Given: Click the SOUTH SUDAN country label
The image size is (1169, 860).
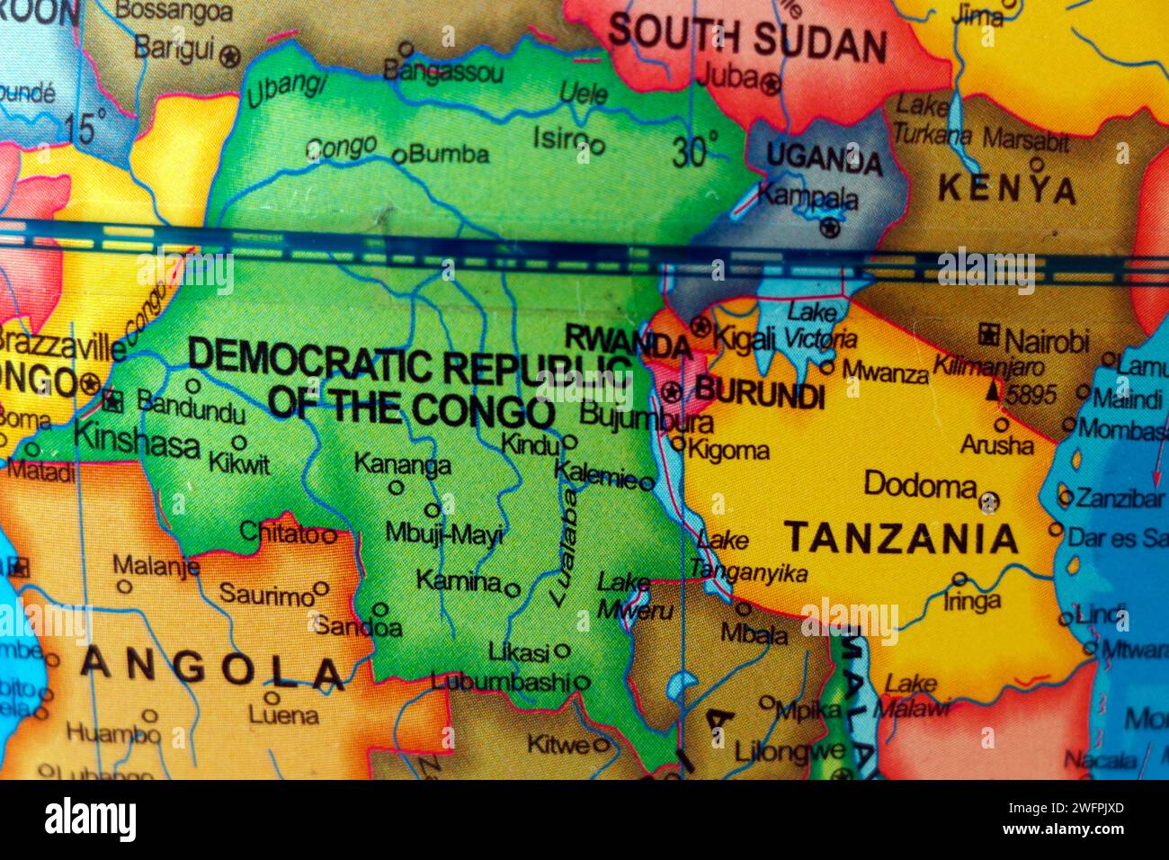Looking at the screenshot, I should pos(746,39).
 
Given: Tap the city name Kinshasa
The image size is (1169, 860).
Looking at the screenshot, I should pos(137,441).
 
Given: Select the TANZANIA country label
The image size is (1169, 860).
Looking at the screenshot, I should pos(902,539).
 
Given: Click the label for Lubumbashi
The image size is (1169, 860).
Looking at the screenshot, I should pos(500,681).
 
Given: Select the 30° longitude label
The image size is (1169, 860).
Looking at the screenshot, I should pos(695,149).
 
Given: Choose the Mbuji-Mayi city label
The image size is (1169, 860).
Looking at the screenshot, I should pos(443,533).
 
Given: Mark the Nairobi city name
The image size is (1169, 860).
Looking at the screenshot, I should pos(1046,341).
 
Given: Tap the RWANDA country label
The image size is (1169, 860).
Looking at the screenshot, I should pos(628,341).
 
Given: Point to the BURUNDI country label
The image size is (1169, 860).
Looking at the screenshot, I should pos(760,393).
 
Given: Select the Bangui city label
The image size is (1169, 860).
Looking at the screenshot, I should pos(174,49).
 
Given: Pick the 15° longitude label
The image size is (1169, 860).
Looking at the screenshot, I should pos(85,127).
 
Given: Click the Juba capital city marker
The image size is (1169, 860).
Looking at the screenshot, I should pos(771,85).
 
